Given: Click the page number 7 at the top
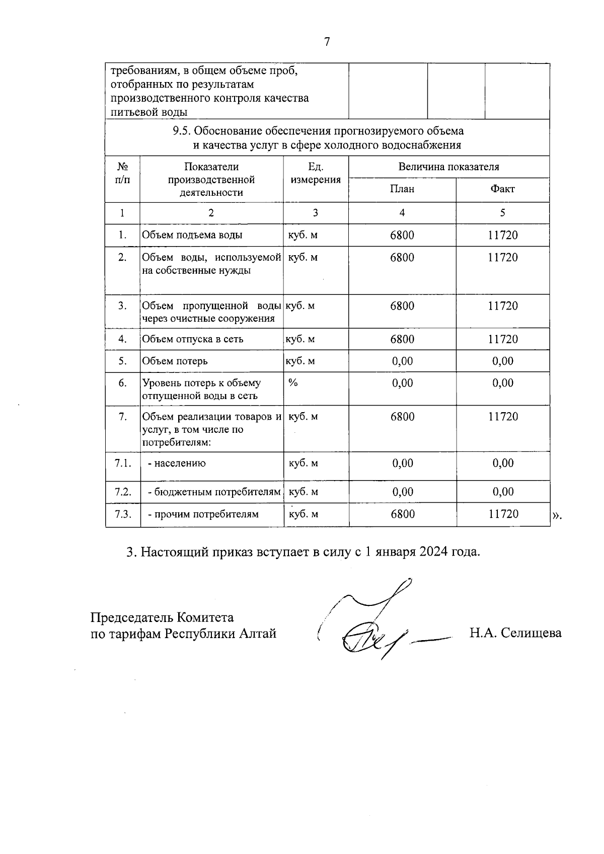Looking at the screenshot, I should click(x=327, y=42).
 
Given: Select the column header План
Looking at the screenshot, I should click(x=402, y=189).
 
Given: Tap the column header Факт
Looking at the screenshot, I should click(x=502, y=189).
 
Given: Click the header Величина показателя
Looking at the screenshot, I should click(x=448, y=167).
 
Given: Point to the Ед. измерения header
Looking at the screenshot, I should click(x=316, y=173).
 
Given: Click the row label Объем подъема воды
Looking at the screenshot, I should click(x=192, y=235).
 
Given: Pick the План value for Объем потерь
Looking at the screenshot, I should click(x=402, y=361).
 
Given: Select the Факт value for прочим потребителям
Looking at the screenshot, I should click(x=503, y=514).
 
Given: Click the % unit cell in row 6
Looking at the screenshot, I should click(x=293, y=383).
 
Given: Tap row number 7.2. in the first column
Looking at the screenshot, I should click(x=123, y=492).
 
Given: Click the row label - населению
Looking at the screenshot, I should click(x=176, y=463).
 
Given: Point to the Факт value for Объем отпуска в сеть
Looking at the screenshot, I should click(x=503, y=339).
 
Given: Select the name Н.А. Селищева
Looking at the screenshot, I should click(x=515, y=633).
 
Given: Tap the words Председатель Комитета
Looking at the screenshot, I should click(x=162, y=617).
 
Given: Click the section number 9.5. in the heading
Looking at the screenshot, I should click(x=182, y=131).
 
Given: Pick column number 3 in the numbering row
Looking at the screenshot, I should click(x=316, y=213).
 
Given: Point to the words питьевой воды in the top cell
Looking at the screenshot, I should click(x=149, y=112).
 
